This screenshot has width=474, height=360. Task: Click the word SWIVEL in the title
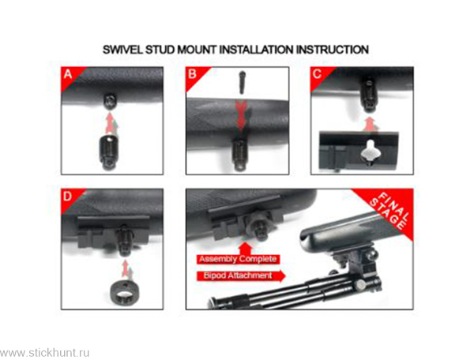tap(122, 50)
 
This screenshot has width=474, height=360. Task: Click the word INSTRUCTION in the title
tap(333, 50)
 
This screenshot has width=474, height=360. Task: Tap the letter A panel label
tap(68, 73)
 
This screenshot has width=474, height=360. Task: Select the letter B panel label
tap(192, 73)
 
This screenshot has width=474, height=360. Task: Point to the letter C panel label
tap(317, 73)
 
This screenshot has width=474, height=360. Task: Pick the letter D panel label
tap(67, 197)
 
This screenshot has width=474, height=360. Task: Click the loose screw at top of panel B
tap(242, 82)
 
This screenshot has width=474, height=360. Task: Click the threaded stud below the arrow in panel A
tap(109, 153)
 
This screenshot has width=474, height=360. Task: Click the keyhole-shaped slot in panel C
tap(368, 150)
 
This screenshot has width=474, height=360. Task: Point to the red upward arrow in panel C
tap(369, 124)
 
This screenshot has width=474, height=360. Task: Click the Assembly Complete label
tap(238, 260)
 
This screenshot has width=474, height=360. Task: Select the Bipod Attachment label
tap(241, 276)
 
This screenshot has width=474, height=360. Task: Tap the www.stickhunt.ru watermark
tap(45, 352)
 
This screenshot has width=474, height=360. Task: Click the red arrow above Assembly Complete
tap(245, 248)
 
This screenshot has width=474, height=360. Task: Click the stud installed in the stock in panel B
tap(239, 153)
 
